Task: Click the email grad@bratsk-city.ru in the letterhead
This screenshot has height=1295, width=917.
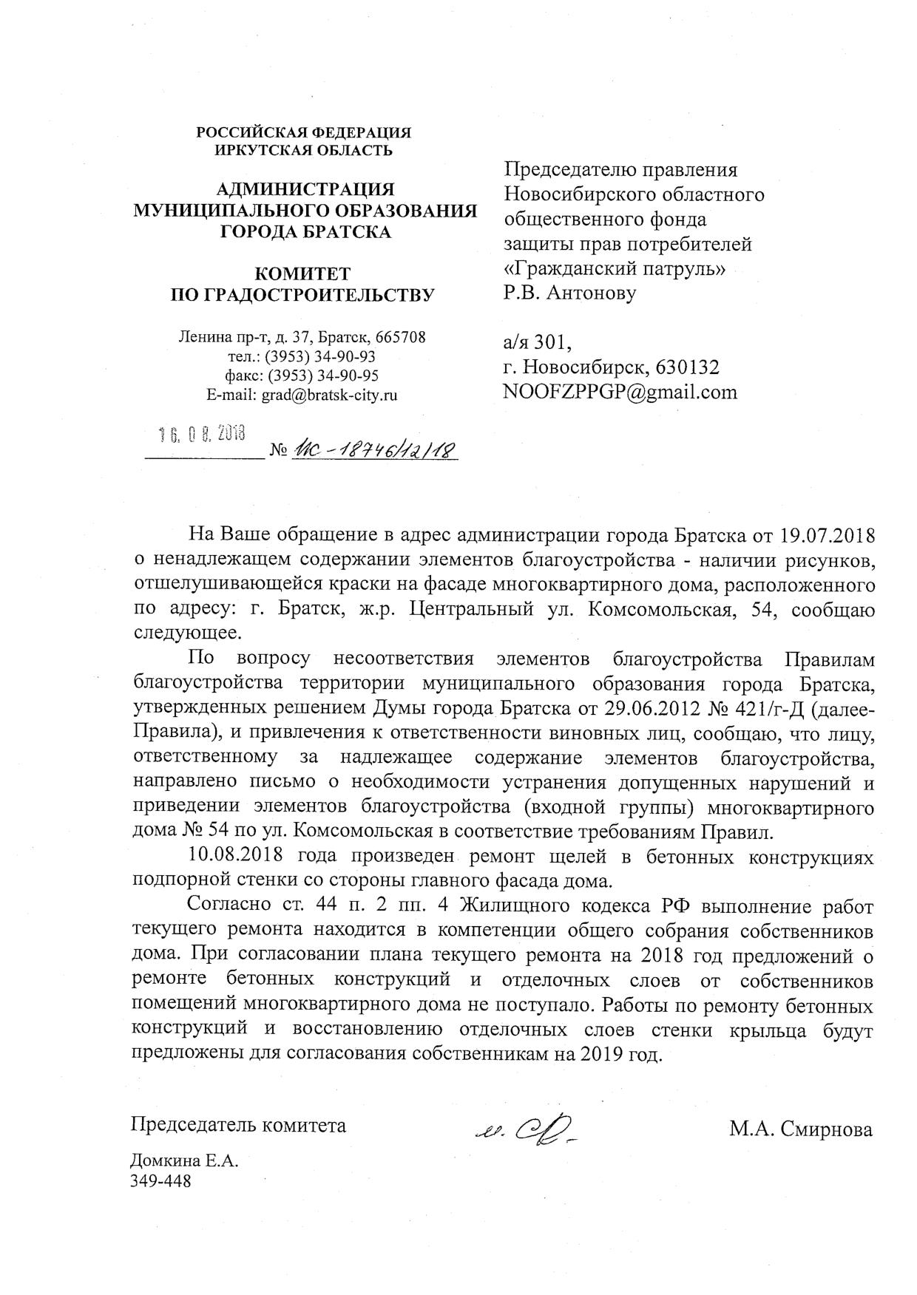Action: coord(328,395)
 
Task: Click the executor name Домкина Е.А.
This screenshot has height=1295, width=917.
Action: coord(184,1160)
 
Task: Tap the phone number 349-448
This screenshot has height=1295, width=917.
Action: coord(160,1180)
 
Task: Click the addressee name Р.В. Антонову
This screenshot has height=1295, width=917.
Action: coord(569,293)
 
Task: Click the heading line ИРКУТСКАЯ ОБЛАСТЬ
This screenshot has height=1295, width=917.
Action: coord(303,150)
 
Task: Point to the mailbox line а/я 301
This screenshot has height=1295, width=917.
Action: coord(537,342)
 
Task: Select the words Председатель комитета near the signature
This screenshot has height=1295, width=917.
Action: coord(238,1125)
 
